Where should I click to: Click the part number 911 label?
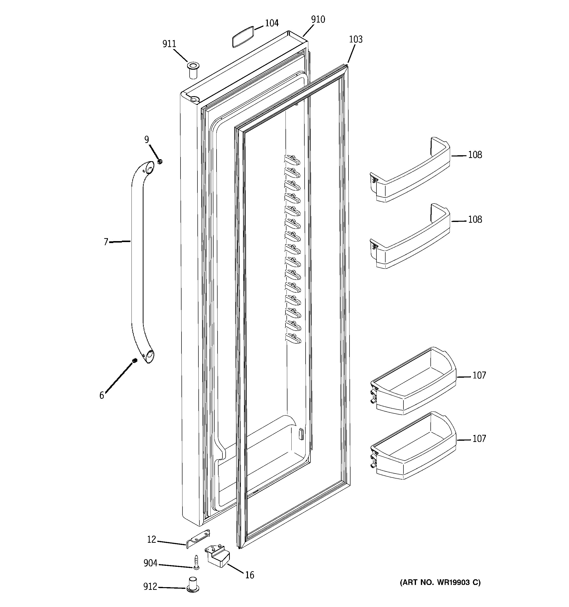click(x=169, y=44)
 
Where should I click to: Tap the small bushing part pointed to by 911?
click(x=193, y=70)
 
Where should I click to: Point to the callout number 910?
click(x=318, y=20)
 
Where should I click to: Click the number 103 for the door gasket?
click(x=356, y=39)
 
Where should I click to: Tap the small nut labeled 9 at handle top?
click(x=159, y=161)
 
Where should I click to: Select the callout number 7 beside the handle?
click(x=106, y=242)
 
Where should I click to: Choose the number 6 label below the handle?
click(x=102, y=396)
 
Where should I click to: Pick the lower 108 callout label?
click(x=475, y=220)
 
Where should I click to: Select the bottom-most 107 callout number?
click(x=479, y=439)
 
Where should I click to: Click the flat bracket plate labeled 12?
click(x=198, y=539)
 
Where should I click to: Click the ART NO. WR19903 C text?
click(x=440, y=582)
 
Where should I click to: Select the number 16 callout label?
click(x=249, y=575)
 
